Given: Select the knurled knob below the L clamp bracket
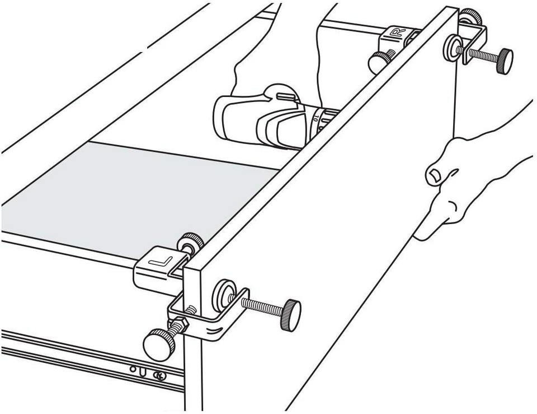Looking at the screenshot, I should [159, 343].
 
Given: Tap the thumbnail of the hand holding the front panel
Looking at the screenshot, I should [434, 176].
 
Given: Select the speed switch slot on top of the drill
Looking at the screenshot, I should [286, 96].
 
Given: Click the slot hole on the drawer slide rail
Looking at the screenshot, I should [144, 371].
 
